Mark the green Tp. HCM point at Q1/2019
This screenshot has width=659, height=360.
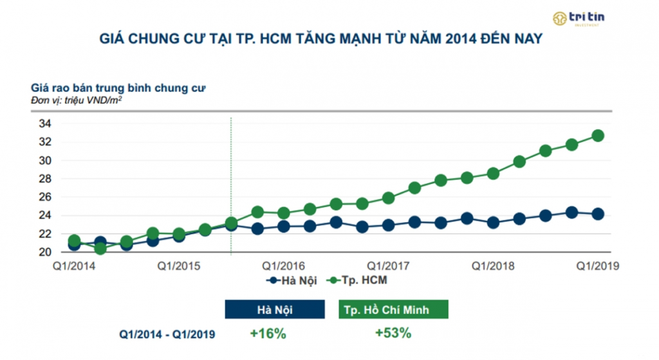(x=598, y=136)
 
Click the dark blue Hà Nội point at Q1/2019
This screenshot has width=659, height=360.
(x=598, y=214)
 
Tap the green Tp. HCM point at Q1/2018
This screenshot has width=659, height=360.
(x=493, y=173)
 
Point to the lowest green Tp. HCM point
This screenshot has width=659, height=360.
(x=100, y=249)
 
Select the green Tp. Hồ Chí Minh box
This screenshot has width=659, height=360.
(x=393, y=310)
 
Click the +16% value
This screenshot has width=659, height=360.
(x=268, y=334)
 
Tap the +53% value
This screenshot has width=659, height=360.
(x=393, y=334)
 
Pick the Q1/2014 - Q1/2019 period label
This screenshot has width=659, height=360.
(x=167, y=334)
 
